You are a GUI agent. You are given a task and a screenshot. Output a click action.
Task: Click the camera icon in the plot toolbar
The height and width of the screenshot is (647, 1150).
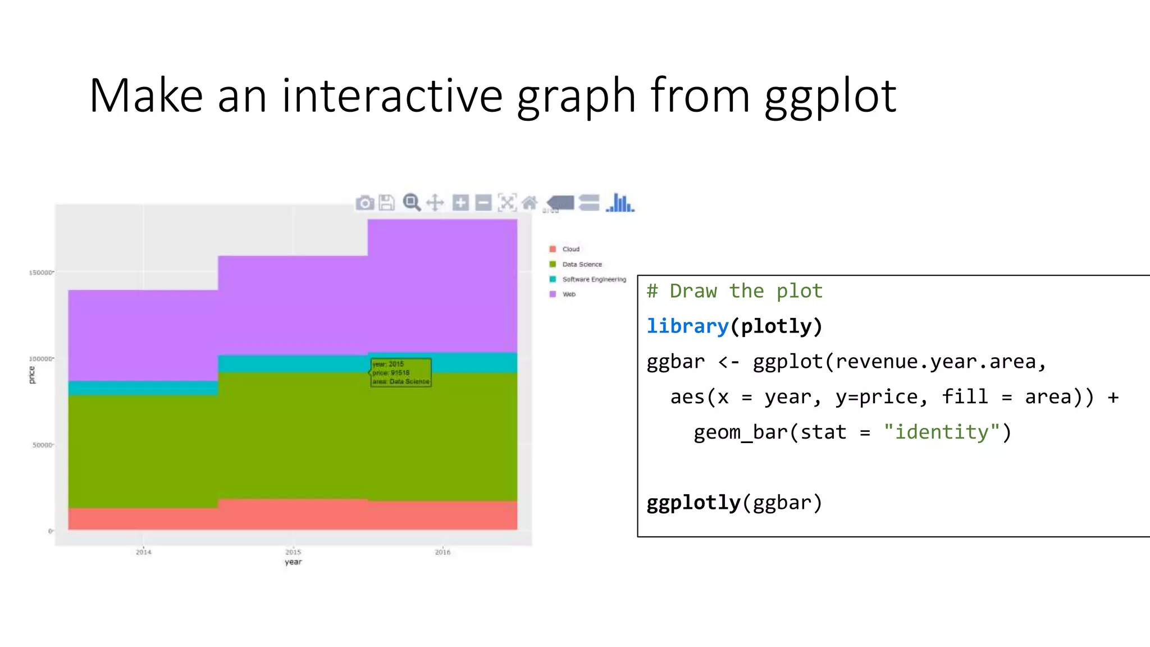pos(364,203)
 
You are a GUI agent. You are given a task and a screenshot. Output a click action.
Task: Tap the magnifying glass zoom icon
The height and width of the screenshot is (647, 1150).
pos(412,202)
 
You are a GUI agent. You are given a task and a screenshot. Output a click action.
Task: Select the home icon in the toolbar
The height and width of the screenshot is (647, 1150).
pos(530,202)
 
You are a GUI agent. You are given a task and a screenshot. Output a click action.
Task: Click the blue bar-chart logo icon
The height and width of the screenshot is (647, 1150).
pos(620,203)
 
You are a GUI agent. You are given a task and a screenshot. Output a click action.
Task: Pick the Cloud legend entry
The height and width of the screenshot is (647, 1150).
pos(571,249)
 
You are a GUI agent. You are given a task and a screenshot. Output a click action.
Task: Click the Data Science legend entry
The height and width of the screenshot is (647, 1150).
pos(582,265)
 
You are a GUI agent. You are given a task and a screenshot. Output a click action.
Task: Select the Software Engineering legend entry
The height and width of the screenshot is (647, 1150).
pos(594,280)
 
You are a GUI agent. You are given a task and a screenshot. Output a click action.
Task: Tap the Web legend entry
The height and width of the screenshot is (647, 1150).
pos(569,294)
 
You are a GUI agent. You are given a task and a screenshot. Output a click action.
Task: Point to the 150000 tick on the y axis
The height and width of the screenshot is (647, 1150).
pos(40,273)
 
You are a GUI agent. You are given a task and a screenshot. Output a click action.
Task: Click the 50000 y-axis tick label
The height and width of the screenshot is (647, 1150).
pos(42,445)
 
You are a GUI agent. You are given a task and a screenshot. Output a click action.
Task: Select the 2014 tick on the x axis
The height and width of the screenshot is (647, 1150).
pos(143,553)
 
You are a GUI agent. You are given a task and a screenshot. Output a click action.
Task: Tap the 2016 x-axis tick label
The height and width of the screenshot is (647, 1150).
pos(442,553)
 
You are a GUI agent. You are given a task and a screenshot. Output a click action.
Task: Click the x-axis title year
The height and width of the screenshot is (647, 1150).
pos(293,562)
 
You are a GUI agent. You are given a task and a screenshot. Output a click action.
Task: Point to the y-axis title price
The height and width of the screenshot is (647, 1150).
pos(32,375)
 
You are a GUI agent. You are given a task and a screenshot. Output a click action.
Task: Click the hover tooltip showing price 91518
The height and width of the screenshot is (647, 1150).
pos(401,373)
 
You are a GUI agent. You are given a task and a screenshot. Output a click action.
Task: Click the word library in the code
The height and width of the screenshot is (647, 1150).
pos(687,326)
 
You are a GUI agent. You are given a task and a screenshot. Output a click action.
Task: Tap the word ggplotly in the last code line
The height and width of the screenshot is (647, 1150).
pos(693,503)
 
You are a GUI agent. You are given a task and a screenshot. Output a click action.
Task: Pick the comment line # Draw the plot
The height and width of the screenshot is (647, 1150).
pos(734,291)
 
